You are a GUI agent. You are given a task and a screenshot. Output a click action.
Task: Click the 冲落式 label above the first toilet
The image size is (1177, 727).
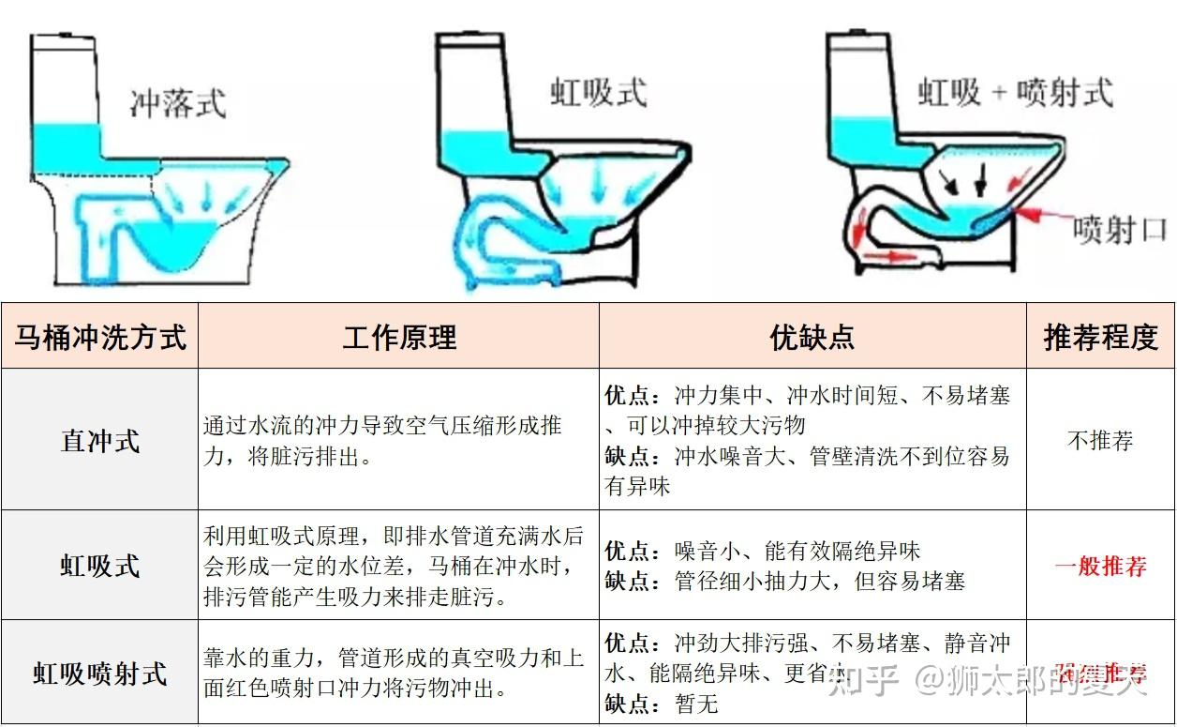coord(177,103)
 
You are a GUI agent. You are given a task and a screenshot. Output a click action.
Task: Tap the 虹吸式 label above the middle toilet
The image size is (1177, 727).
coord(598,93)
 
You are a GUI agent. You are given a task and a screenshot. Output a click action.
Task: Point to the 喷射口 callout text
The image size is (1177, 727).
coord(1119,228)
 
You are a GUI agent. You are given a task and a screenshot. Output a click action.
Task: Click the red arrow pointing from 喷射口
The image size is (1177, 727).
coord(1041,218)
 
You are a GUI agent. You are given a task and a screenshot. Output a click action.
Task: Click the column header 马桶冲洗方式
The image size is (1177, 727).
coord(100,337)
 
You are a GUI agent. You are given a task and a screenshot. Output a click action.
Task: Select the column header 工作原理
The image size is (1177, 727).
coord(399,337)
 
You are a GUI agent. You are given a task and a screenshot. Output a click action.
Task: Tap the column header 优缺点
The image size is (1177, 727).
coord(812,337)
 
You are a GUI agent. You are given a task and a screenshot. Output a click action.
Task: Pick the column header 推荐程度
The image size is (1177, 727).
coord(1100,337)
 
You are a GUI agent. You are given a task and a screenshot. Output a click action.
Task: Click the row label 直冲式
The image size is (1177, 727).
coord(100,440)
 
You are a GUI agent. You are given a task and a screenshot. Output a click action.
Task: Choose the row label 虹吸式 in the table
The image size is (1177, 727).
coord(100,566)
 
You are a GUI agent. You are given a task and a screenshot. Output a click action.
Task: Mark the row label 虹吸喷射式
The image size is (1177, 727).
coord(100,673)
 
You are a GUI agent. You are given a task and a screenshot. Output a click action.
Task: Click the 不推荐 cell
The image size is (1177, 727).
coord(1100,440)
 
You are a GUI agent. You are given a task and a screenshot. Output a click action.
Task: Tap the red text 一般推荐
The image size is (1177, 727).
coord(1100,566)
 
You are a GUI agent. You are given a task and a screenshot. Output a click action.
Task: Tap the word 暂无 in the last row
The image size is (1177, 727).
coord(696,703)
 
